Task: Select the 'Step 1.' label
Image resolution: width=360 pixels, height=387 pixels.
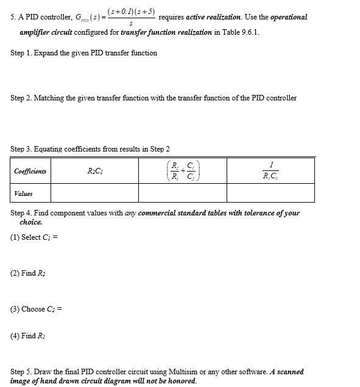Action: coord(21,53)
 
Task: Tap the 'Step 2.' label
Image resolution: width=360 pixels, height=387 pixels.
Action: coord(21,98)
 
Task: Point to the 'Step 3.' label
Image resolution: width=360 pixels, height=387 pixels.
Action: coord(21,149)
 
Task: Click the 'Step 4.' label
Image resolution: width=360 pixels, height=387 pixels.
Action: coord(21,214)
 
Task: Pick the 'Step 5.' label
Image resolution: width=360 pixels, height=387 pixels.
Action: coord(21,372)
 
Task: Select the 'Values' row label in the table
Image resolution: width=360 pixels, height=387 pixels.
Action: coord(23,193)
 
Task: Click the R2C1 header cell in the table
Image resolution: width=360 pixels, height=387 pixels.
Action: coord(94,171)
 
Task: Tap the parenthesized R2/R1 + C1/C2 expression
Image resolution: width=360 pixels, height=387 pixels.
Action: coord(182,171)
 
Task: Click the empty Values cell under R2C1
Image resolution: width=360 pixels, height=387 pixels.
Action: coord(94,193)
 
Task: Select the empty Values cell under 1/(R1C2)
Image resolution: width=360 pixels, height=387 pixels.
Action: coord(270,193)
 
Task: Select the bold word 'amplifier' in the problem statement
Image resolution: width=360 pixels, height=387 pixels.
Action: coord(35,32)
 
